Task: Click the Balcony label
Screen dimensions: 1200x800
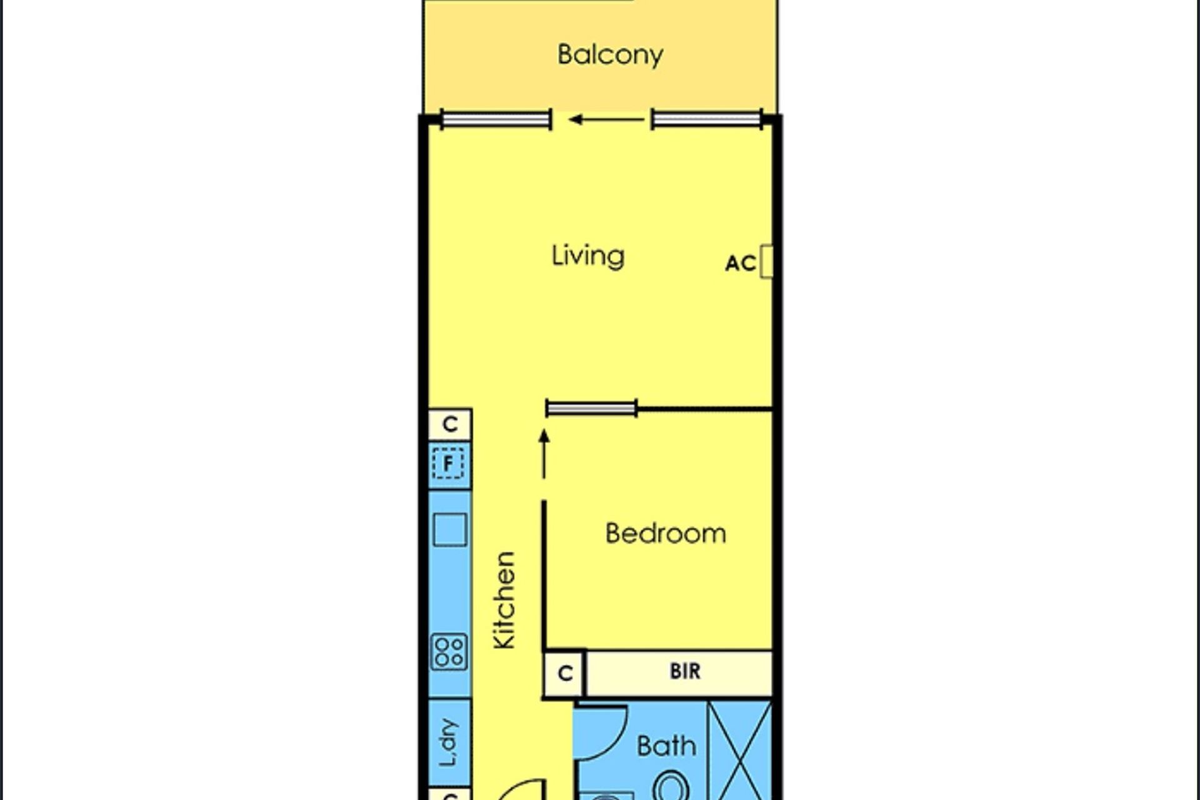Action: pos(610,55)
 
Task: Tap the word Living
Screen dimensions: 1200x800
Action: pos(587,256)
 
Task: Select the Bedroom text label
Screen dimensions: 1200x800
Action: pos(666,534)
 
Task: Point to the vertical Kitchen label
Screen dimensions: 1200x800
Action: pos(504,600)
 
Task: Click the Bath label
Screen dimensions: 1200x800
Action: pos(666,746)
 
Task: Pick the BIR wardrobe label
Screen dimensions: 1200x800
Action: pos(685,671)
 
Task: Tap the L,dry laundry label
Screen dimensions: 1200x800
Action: pos(449,742)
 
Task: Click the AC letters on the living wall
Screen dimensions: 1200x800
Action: pos(741,263)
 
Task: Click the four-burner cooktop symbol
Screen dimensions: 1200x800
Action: pos(449,652)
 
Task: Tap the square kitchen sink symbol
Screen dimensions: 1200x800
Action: pos(449,530)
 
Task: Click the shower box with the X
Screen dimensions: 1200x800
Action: pos(740,751)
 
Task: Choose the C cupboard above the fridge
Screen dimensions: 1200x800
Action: pos(449,424)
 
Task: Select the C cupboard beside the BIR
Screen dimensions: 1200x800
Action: pos(564,673)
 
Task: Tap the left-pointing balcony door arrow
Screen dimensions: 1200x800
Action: pos(606,119)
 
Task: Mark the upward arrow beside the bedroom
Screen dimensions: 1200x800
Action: pos(544,454)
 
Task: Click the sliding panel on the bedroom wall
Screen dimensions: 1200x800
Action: pos(591,409)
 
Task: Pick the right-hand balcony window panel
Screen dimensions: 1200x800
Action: pos(707,119)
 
